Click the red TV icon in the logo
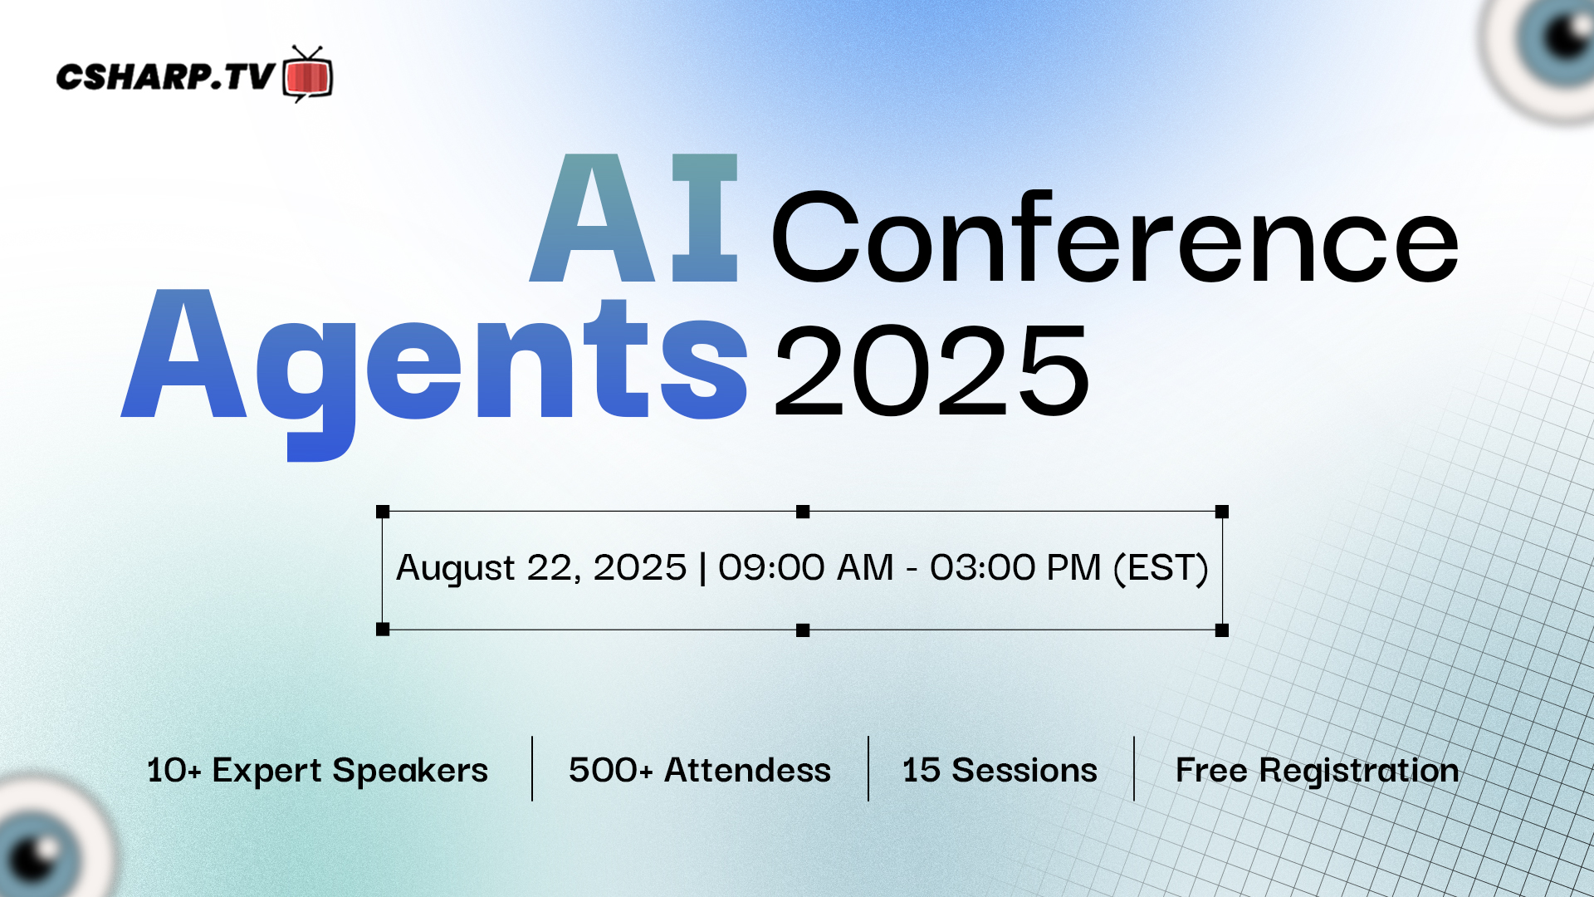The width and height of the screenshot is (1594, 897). click(308, 75)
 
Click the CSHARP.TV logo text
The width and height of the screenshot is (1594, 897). click(165, 77)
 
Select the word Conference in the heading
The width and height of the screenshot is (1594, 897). click(1115, 237)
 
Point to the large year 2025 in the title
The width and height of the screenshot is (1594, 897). click(931, 370)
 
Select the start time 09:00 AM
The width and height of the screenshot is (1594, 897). click(805, 568)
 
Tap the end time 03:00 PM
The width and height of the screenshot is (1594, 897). click(1015, 568)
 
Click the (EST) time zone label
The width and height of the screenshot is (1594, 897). click(1161, 569)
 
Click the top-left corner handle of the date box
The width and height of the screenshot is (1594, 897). click(383, 512)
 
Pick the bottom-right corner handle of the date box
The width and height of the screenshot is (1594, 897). click(1222, 630)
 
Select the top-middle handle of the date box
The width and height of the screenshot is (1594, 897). click(803, 512)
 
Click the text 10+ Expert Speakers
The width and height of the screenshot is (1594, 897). click(317, 771)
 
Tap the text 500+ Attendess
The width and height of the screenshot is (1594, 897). click(700, 770)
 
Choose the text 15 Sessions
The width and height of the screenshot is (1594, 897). click(1000, 770)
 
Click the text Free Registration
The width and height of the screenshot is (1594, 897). click(1318, 771)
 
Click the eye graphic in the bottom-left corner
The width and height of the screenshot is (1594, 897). click(46, 839)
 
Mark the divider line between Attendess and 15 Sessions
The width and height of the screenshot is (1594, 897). click(868, 768)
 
